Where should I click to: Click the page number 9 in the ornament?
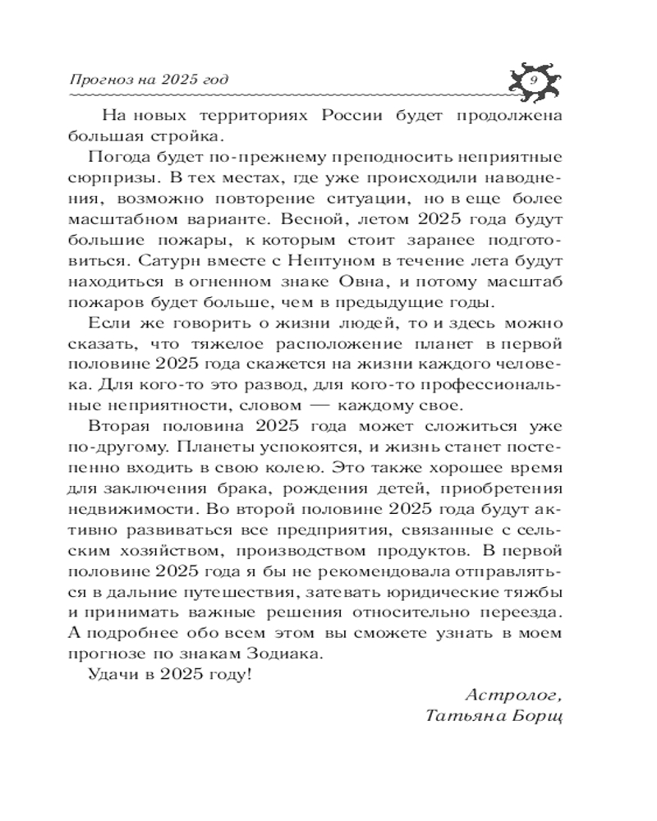pyautogui.click(x=534, y=80)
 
